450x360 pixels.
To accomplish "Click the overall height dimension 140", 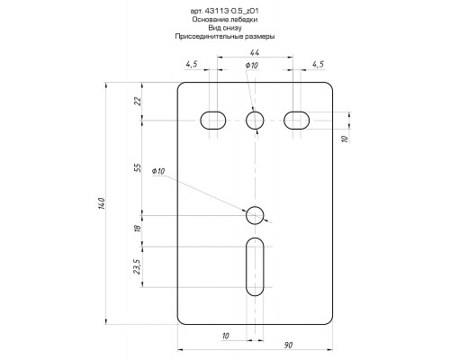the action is tap(102, 203).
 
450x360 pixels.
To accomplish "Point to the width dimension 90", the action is tap(288, 345).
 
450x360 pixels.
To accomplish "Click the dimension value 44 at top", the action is tap(255, 52).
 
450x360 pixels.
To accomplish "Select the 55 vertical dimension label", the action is tap(138, 167).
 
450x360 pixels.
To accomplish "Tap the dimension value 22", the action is tap(138, 101).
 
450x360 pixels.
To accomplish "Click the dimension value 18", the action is tap(138, 228).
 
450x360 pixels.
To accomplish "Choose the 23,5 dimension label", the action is tap(137, 266).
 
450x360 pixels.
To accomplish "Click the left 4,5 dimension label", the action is tap(192, 64).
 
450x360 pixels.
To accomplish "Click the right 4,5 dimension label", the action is tap(319, 64).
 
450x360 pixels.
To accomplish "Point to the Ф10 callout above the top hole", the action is tap(251, 65).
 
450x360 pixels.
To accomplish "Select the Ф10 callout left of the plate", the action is tap(158, 171).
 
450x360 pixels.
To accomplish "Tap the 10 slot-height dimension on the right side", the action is tap(345, 139).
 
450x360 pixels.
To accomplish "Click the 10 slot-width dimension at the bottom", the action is tap(226, 336).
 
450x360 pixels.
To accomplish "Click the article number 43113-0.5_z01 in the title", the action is tap(231, 11).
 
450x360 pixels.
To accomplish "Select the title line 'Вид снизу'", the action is tap(225, 28).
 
